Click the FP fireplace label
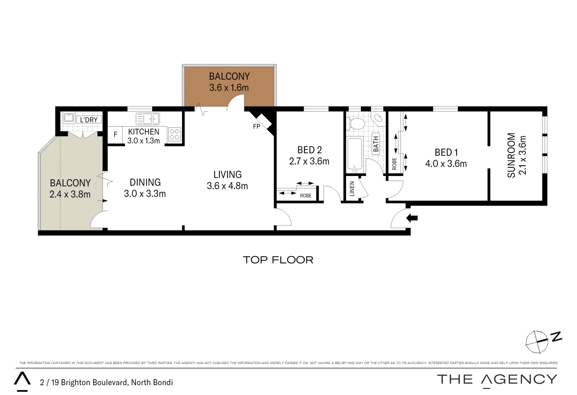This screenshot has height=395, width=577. tap(256, 127)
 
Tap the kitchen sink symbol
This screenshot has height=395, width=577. tap(148, 118)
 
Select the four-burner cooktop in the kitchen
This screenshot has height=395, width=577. tap(175, 135)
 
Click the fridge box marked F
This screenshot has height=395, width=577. tap(115, 135)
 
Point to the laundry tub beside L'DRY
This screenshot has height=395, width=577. tap(69, 118)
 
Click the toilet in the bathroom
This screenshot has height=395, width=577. tap(355, 124)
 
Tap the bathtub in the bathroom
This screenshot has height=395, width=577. tap(355, 155)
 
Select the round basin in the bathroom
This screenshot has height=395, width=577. tap(378, 118)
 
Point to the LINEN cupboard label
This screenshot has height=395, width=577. tap(352, 189)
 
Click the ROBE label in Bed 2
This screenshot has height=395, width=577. tap(306, 196)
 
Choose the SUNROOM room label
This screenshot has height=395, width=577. tap(511, 155)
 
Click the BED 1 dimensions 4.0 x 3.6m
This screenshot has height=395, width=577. tap(446, 164)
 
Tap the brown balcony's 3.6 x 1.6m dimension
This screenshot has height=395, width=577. tap(229, 88)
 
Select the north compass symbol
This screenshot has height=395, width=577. tap(537, 342)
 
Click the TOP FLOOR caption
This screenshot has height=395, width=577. tap(278, 260)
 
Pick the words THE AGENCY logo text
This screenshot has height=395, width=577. tap(497, 379)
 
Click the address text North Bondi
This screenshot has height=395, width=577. tap(152, 383)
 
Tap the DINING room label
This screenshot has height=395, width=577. tap(145, 182)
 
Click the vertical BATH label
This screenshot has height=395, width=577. tap(376, 143)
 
